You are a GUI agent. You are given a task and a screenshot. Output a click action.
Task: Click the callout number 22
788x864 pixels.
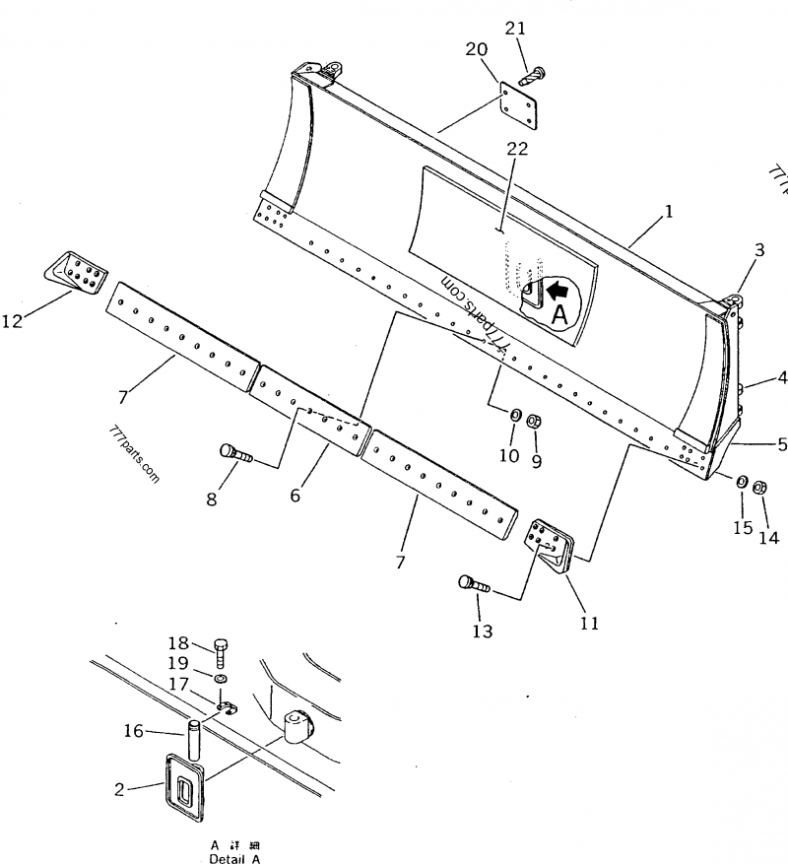[517, 150]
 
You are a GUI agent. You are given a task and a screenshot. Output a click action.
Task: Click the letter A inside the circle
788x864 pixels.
[558, 314]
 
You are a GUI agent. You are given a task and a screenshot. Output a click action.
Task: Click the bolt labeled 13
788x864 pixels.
[474, 584]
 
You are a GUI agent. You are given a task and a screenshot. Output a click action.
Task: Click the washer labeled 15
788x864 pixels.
[739, 480]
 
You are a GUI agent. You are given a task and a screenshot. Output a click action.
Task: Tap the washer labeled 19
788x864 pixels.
[220, 679]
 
